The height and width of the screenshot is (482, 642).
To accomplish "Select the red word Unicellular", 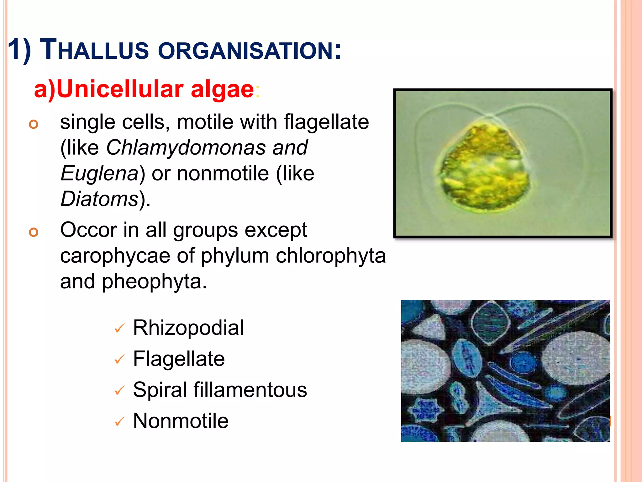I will pos(120,89).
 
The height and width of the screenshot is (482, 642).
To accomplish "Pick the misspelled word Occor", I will pos(88,230).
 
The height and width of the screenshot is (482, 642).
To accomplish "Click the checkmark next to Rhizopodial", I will pos(119,329).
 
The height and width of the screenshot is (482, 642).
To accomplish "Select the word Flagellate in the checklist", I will pos(179,359).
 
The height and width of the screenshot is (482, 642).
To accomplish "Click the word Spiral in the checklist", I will pos(160,390).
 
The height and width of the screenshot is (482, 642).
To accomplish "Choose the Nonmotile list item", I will pos(181,421).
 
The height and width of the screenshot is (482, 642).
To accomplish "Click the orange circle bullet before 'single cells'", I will pos(34,124).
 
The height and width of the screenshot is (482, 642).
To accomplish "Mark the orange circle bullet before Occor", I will pos(34,232).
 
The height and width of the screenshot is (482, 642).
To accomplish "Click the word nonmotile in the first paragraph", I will pos(223,173).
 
